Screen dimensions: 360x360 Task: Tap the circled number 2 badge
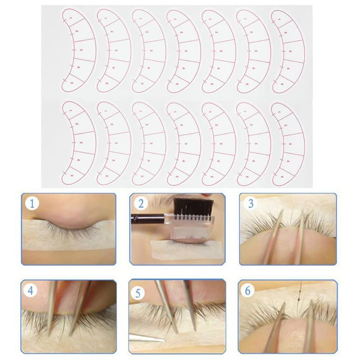point(141,204)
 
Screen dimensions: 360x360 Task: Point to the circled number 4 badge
point(31,291)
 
